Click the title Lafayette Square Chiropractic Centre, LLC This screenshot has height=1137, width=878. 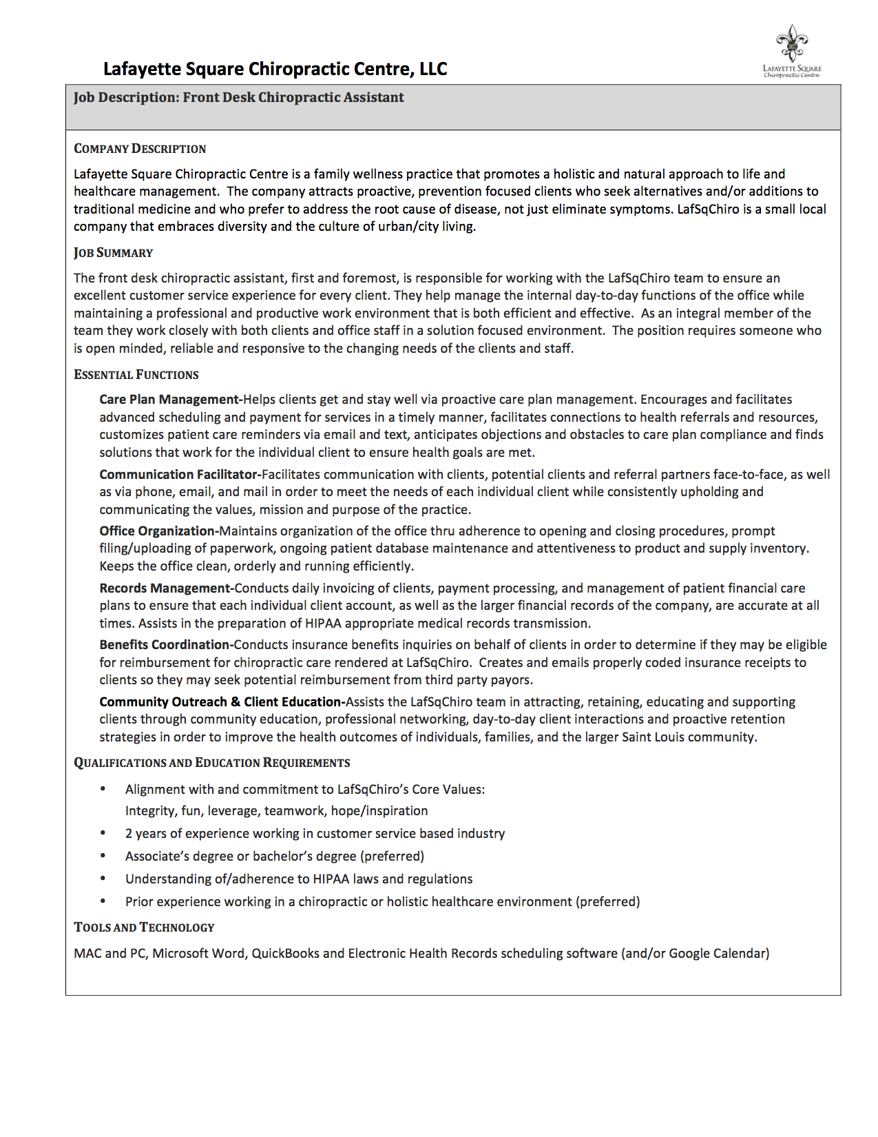point(275,69)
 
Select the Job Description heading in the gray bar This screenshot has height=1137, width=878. point(238,97)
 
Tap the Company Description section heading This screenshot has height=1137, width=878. point(140,149)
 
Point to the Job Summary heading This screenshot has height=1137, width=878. point(114,253)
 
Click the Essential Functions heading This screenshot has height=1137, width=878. point(136,375)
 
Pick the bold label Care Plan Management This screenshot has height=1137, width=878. point(169,400)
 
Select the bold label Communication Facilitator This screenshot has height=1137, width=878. point(178,475)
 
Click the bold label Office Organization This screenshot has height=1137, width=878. point(158,531)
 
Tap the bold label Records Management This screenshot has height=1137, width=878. point(165,588)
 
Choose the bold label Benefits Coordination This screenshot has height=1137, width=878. point(165,645)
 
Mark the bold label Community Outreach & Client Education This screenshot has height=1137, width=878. point(220,702)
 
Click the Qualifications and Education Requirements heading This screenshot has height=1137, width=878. point(212,763)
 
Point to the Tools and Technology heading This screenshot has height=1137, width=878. point(144,928)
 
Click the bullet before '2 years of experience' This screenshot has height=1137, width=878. point(103,833)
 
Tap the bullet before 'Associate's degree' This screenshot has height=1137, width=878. point(103,856)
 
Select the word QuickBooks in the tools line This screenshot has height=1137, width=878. point(285,954)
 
